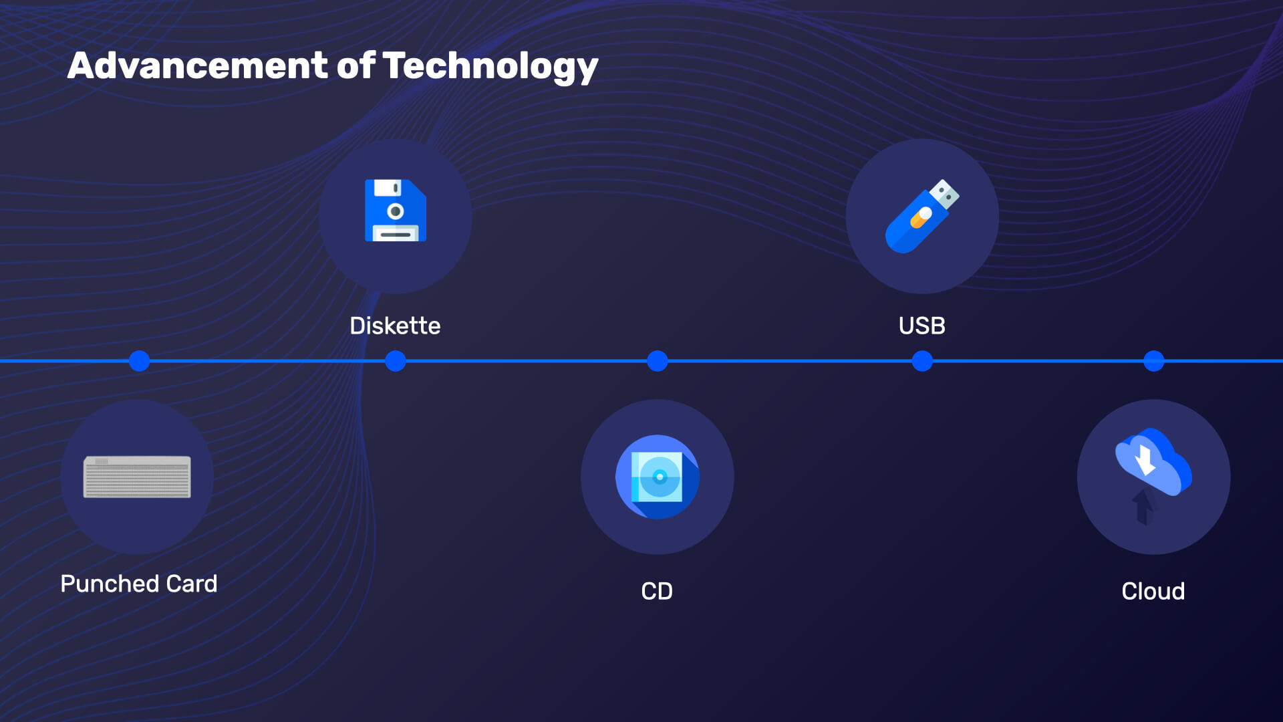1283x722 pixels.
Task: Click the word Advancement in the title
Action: [x=198, y=66]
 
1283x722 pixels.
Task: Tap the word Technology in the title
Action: [x=490, y=68]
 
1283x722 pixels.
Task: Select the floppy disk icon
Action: [x=396, y=210]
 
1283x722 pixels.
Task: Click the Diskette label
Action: [x=395, y=326]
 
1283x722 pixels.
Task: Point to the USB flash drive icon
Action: [x=922, y=216]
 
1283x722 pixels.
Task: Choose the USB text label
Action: [x=922, y=326]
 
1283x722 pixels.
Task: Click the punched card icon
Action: [x=137, y=477]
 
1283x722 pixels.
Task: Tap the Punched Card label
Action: [x=139, y=584]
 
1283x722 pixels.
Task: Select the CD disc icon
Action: [x=658, y=477]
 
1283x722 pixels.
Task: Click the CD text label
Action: [x=657, y=591]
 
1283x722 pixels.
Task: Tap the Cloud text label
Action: [x=1153, y=591]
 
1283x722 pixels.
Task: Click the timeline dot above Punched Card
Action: [x=139, y=361]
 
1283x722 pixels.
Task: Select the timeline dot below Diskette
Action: [x=396, y=361]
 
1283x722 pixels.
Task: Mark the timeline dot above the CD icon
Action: [x=658, y=361]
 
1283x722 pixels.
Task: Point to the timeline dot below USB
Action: [x=922, y=361]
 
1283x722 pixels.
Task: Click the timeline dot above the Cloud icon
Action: [x=1154, y=361]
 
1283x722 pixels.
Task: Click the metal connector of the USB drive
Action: [x=945, y=193]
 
